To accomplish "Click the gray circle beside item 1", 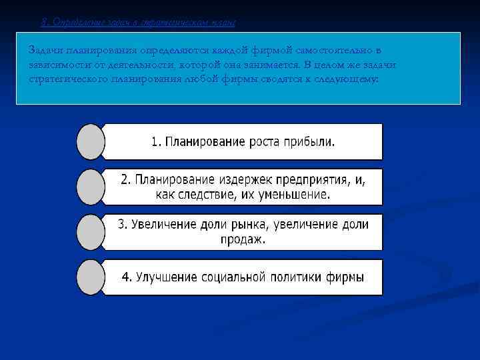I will (91, 141).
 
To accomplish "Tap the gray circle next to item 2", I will (91, 187).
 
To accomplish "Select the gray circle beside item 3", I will (91, 231).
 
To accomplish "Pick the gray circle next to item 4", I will (91, 277).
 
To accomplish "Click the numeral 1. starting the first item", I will (156, 142).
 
